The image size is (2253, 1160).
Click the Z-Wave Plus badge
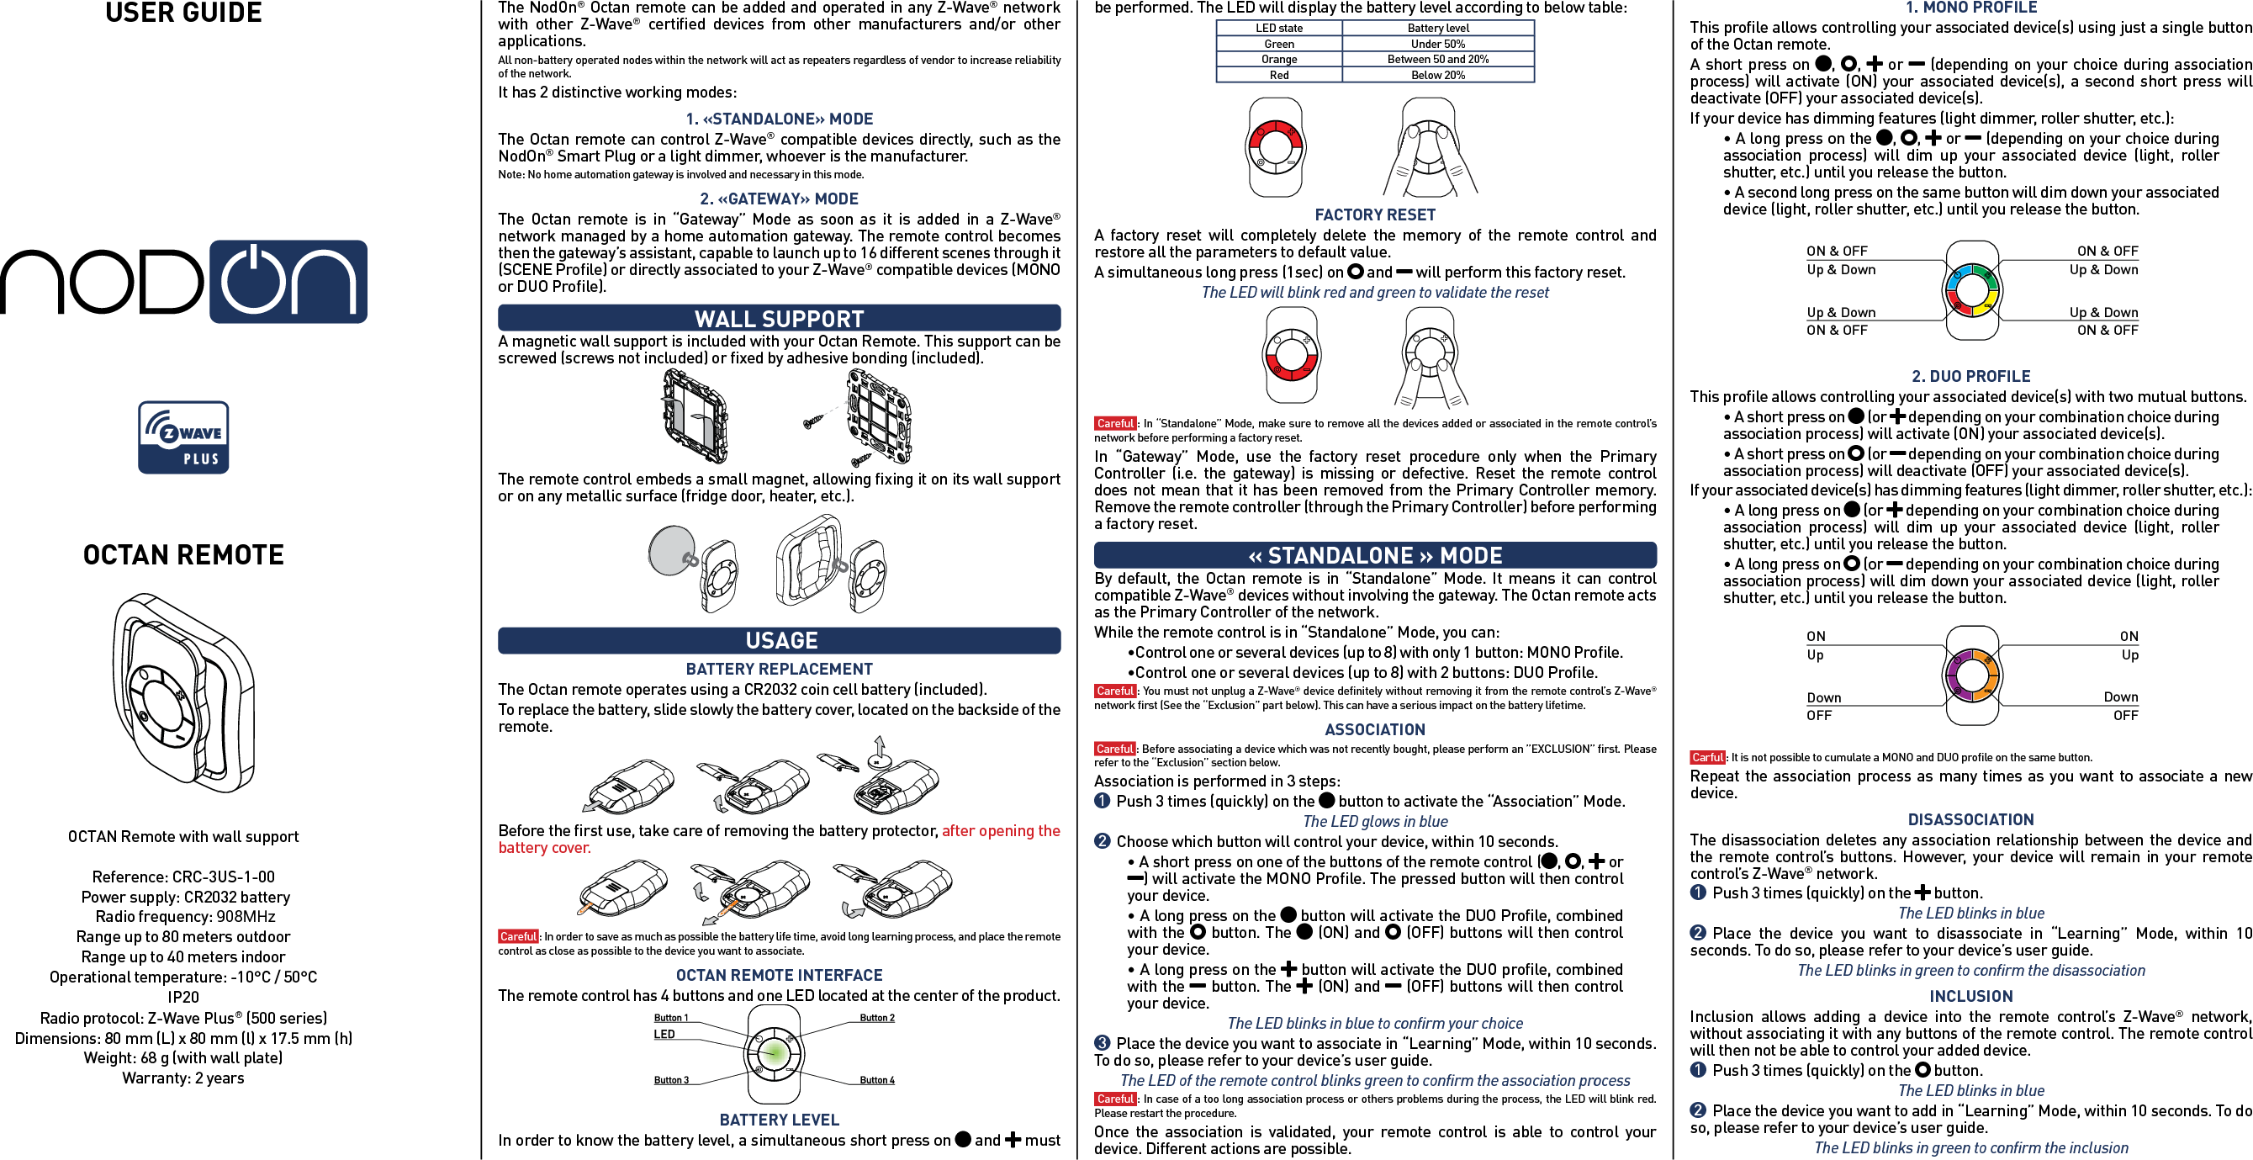[x=183, y=437]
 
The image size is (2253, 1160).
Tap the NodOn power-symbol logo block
[x=288, y=282]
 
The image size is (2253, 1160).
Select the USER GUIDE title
[x=183, y=13]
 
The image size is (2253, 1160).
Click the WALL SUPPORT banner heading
[x=779, y=319]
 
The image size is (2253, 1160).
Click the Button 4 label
[x=876, y=1080]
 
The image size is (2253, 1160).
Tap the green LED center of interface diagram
[x=773, y=1053]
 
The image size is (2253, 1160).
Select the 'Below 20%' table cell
[x=1438, y=75]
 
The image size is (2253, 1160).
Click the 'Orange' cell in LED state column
[x=1278, y=60]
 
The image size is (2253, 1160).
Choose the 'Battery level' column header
[x=1438, y=28]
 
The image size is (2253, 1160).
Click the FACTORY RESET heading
[x=1375, y=215]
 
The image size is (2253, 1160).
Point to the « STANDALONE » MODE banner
[x=1375, y=555]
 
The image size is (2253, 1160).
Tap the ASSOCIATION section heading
[x=1375, y=729]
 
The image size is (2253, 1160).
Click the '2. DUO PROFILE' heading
[x=1970, y=377]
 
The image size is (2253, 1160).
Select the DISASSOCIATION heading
[x=1970, y=819]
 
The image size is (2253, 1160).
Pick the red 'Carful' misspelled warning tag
[x=1706, y=758]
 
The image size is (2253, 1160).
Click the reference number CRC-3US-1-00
[x=223, y=877]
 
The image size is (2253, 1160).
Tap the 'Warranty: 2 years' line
[x=183, y=1078]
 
